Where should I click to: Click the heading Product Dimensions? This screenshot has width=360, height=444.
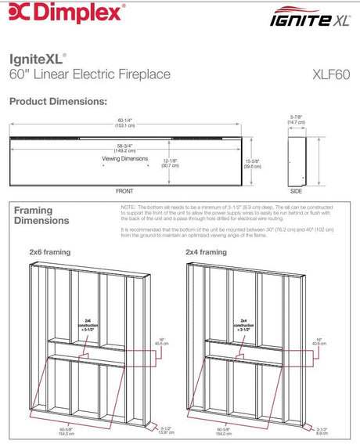pos(58,103)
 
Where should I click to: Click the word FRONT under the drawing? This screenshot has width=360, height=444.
pos(125,191)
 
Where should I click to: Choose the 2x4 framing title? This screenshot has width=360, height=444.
pos(207,253)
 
